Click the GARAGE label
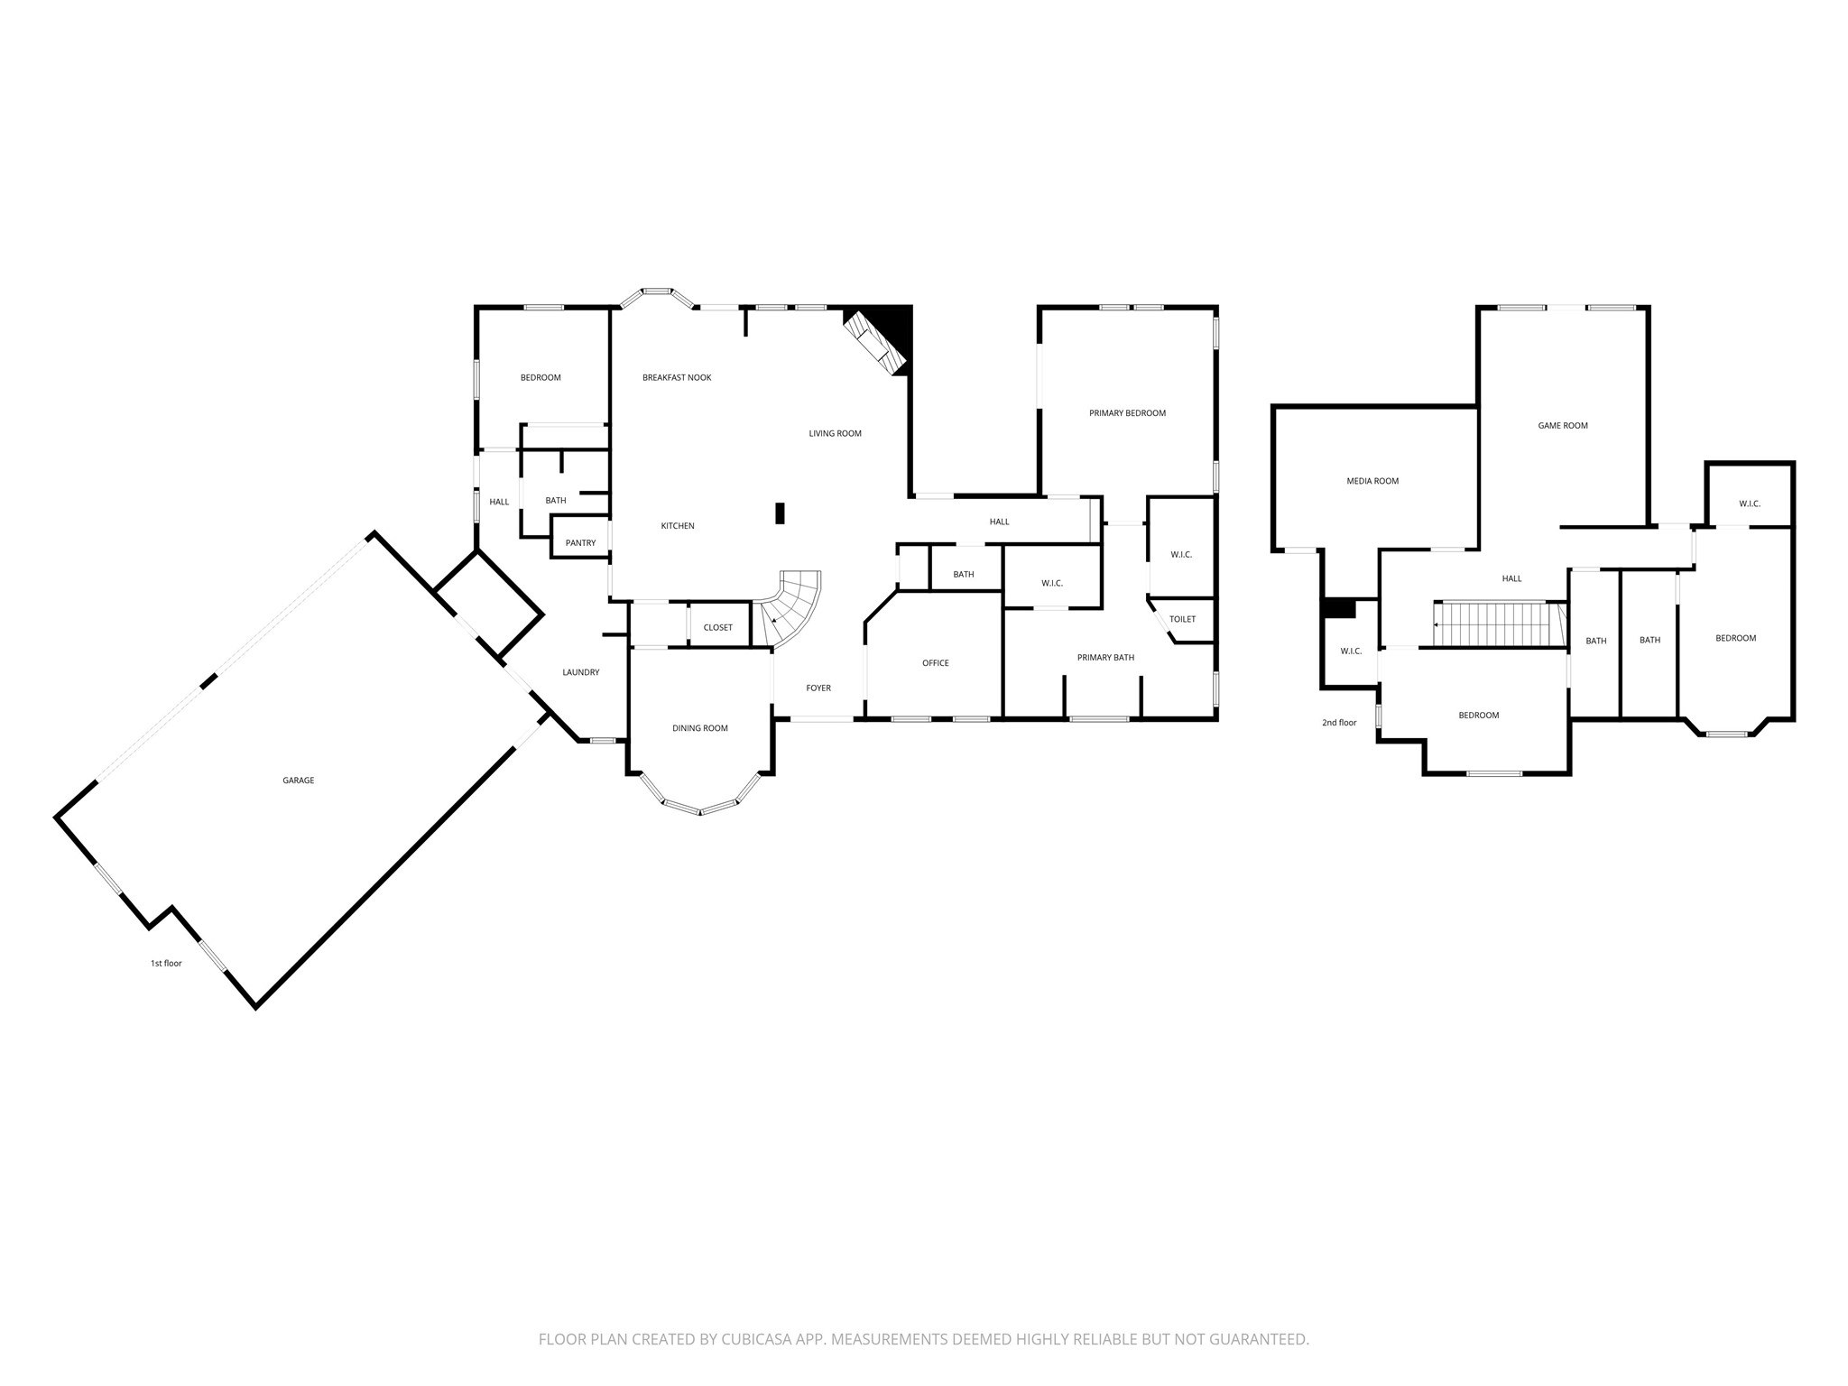(298, 781)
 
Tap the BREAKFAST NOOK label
(677, 377)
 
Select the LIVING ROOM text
(835, 434)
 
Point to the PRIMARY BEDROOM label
(1127, 413)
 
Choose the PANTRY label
(580, 543)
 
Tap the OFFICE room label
(936, 663)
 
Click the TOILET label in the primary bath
(1182, 619)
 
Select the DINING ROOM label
(699, 728)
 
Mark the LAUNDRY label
(580, 672)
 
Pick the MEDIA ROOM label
(1372, 481)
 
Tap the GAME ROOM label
(1563, 426)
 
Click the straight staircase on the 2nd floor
(1498, 624)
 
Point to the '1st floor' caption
(166, 964)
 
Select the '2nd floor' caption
(1339, 723)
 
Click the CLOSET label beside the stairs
(718, 628)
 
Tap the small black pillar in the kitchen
(781, 513)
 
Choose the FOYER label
(818, 688)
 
